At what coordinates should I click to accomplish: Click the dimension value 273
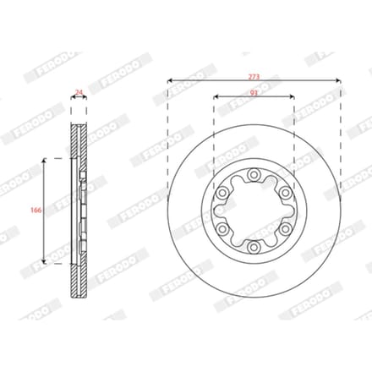254,76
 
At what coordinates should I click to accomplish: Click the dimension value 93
254,92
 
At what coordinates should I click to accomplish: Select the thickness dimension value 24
79,92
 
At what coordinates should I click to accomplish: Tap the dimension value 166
36,210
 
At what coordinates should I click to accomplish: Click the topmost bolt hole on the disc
254,175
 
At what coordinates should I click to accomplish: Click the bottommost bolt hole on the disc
254,247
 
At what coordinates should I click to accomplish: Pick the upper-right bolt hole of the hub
285,193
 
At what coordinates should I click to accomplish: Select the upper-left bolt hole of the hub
222,193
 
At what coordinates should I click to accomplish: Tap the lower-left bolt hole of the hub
222,229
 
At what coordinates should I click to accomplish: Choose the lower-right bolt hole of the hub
285,229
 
